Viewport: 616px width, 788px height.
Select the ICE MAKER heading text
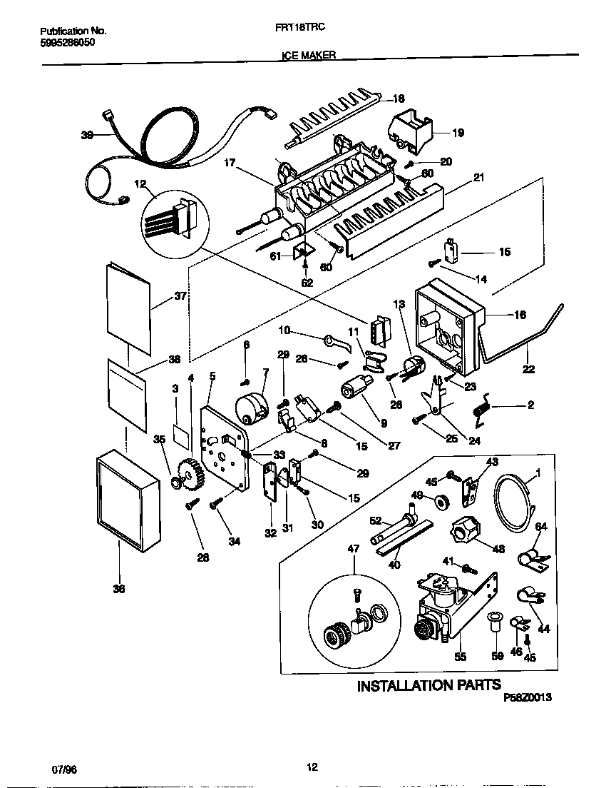coord(307,54)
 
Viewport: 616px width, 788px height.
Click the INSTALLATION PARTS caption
coord(428,686)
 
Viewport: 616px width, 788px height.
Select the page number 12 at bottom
coord(312,767)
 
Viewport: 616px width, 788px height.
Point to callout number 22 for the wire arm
coord(528,370)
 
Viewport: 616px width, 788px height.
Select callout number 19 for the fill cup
coord(458,132)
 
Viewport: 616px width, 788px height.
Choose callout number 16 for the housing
coord(520,314)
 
